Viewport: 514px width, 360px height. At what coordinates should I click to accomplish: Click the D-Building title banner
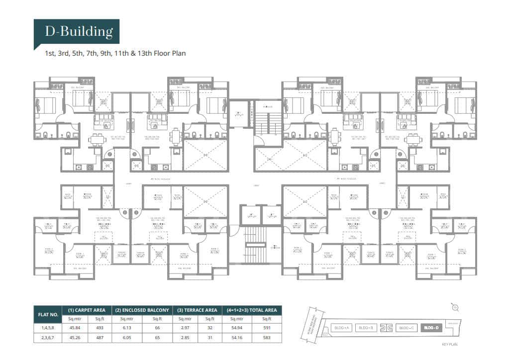[x=77, y=32]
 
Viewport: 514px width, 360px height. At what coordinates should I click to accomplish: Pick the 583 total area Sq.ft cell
[x=267, y=337]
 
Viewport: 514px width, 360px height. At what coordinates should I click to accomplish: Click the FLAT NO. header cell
[x=48, y=314]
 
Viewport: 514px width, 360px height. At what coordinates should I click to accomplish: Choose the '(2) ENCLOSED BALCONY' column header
[x=142, y=310]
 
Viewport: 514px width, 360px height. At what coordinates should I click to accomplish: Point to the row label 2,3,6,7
[x=48, y=337]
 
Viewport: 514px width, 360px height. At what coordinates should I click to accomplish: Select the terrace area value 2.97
[x=185, y=328]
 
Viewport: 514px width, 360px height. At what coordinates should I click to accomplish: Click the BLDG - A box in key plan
[x=341, y=328]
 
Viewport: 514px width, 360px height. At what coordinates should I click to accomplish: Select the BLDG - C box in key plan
[x=407, y=328]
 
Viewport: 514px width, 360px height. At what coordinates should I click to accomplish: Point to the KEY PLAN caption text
[x=449, y=344]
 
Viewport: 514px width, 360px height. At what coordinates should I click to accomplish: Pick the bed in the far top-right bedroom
[x=467, y=105]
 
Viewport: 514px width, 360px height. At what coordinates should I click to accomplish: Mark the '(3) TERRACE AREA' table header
[x=198, y=310]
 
